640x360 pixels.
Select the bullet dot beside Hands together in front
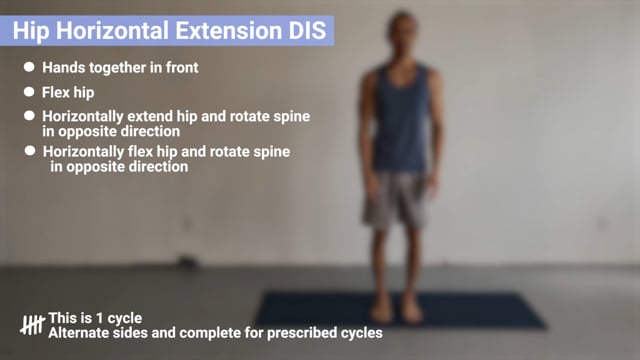coord(30,67)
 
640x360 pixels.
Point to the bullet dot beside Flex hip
coord(30,93)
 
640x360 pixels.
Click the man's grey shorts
coord(396,199)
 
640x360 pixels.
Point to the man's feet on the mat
coord(396,311)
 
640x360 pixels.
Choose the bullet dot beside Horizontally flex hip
coord(30,151)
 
